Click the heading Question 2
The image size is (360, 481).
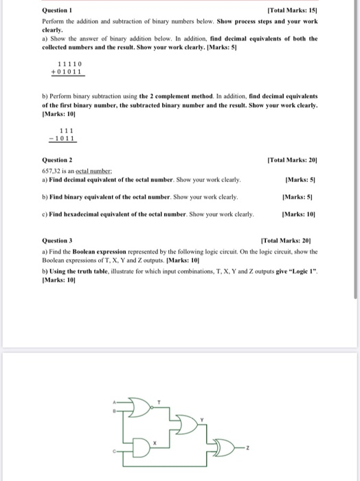(x=58, y=160)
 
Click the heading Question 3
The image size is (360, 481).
(x=58, y=240)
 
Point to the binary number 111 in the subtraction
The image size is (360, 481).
(x=67, y=131)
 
